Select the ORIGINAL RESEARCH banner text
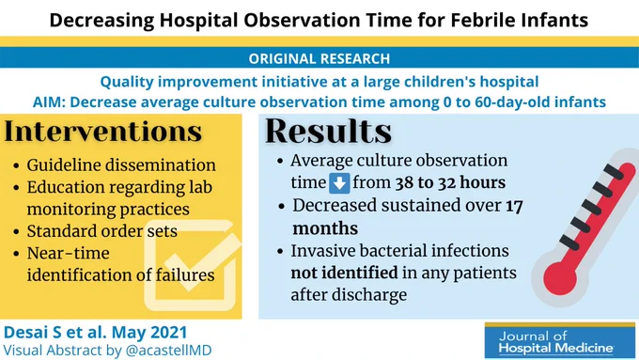tap(319, 58)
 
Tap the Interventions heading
tap(103, 132)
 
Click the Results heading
tap(329, 131)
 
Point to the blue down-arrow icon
tap(339, 182)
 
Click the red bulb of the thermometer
tap(560, 278)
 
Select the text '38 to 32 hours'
tap(450, 182)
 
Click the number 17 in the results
tap(514, 206)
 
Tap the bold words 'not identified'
tap(344, 273)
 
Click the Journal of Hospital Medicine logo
tap(560, 340)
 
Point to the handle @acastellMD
tap(169, 351)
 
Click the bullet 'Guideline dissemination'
tap(121, 165)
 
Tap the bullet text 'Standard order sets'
tap(101, 231)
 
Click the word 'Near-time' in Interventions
tap(68, 253)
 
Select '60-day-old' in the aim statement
tap(516, 102)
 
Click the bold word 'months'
tap(325, 228)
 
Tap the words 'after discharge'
tap(349, 294)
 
